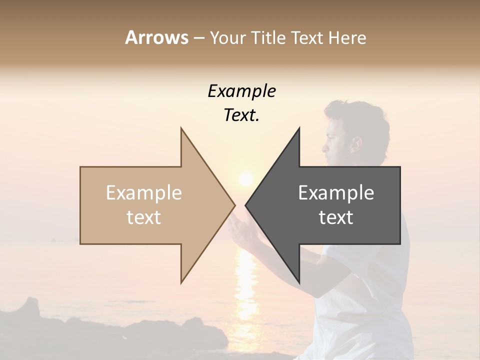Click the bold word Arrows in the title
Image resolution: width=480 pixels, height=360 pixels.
156,37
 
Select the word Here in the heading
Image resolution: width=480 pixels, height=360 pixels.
347,37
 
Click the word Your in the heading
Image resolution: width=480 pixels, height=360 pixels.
228,37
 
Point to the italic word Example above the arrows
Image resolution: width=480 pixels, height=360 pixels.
242,91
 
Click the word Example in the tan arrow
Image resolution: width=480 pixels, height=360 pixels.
144,193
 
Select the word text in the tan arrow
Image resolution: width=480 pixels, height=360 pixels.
144,217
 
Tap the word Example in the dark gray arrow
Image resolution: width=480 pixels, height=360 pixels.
336,193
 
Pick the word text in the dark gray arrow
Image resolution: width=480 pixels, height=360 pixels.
336,217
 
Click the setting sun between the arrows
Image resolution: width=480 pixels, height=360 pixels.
245,179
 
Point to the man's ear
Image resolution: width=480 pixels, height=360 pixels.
356,144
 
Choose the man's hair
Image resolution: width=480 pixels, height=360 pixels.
365,117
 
